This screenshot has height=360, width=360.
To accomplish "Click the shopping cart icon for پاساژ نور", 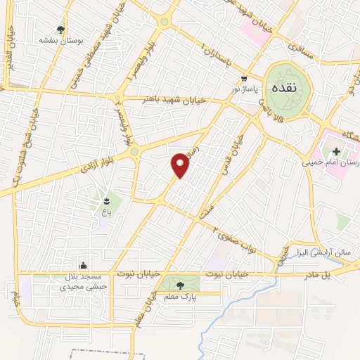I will tap(243, 79).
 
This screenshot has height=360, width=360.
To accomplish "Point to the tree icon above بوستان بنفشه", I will tap(61, 30).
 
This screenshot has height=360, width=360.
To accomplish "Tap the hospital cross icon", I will tap(336, 150).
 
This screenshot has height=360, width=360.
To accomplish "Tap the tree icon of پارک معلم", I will tap(181, 285).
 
